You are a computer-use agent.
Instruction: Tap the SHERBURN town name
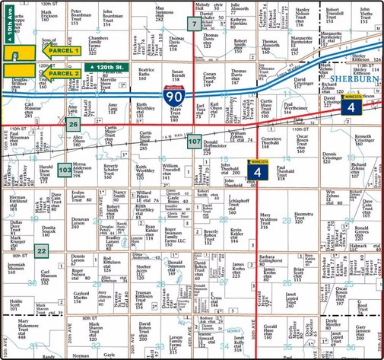tap(355, 78)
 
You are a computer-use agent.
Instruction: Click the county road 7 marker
tap(195, 24)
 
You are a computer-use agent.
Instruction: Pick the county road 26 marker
tap(72, 123)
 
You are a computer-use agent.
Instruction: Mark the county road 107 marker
tap(195, 142)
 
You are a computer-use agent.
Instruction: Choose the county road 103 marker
tap(65, 169)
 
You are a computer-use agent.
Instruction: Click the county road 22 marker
tap(42, 252)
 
